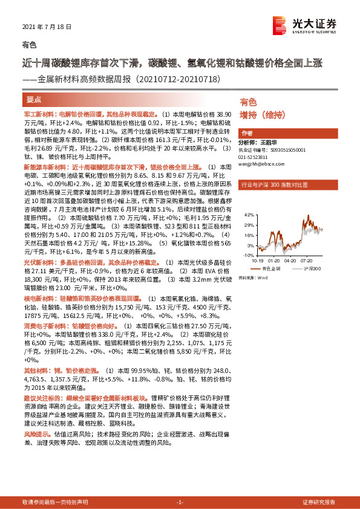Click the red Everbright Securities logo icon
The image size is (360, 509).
tap(279, 25)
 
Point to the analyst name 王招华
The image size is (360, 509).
tap(278, 143)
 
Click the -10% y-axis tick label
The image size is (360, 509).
tap(249, 256)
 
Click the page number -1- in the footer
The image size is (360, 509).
tap(179, 502)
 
